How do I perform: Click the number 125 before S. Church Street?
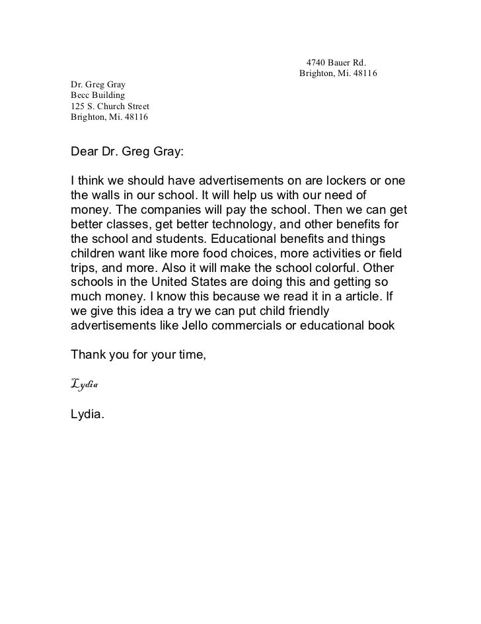77,107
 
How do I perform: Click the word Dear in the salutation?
84,152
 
